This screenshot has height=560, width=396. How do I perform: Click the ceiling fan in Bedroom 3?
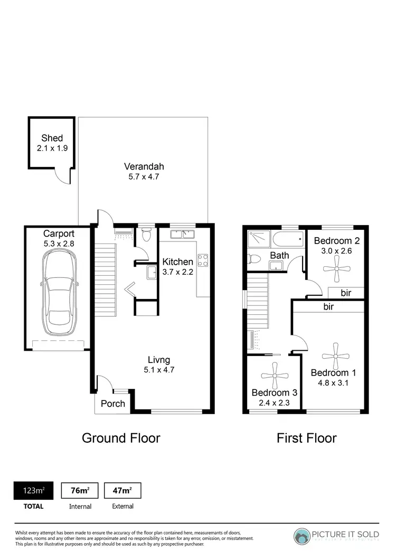tap(275, 376)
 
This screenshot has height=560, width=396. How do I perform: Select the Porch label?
tap(113, 404)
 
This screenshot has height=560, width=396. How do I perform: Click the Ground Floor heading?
tap(121, 438)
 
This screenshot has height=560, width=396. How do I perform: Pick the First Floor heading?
tap(307, 438)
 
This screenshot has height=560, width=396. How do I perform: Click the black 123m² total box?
tap(33, 491)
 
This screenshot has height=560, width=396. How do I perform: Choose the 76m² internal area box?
tap(80, 491)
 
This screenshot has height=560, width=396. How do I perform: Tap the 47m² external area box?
tap(122, 491)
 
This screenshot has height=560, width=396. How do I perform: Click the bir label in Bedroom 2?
tap(346, 293)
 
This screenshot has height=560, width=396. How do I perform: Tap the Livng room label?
tap(159, 361)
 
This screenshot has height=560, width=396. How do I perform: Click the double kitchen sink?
tap(183, 234)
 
